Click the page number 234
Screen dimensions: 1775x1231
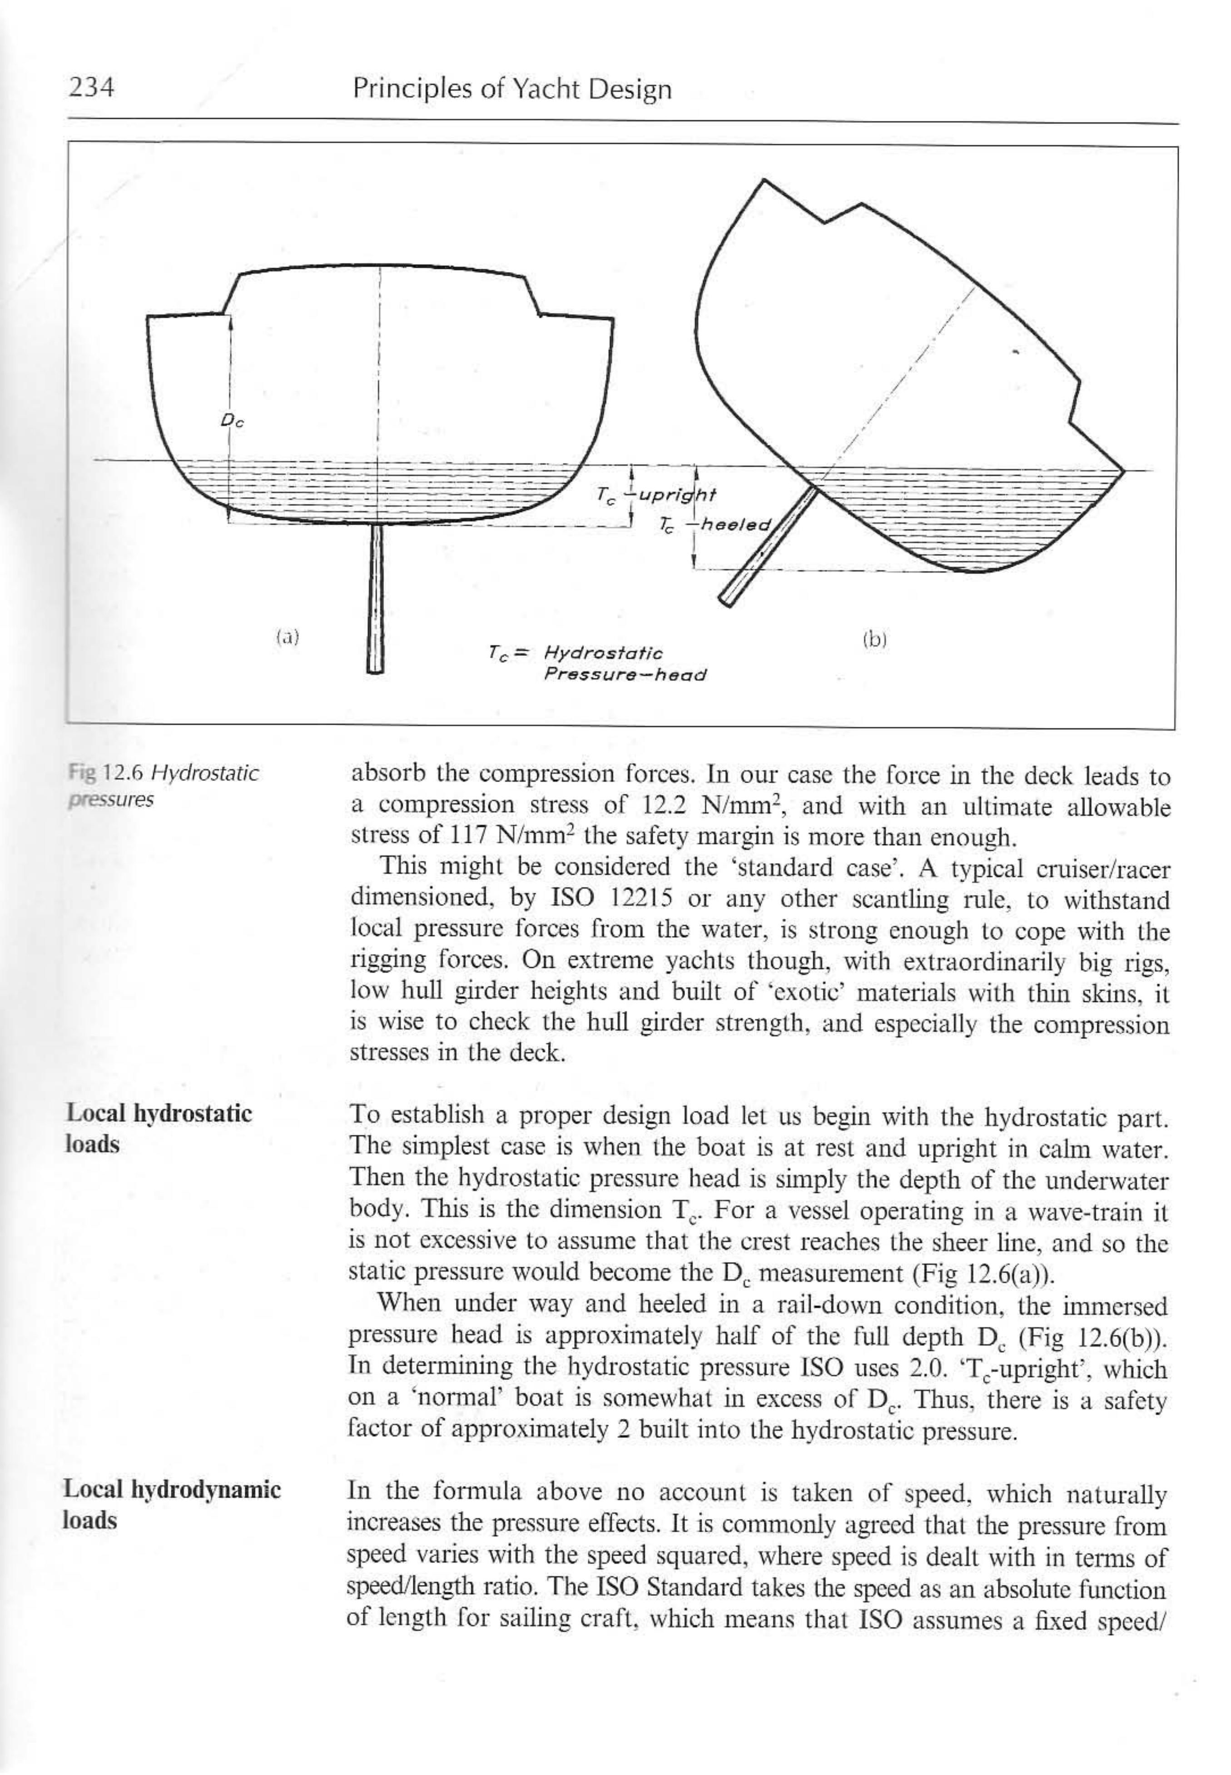coord(91,88)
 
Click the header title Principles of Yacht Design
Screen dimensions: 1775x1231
coord(512,90)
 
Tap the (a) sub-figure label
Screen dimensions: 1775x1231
coord(287,637)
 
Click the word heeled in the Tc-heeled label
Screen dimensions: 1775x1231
coord(734,525)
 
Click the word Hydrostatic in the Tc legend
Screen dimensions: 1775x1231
coord(603,654)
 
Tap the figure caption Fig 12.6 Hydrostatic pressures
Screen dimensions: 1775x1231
coord(162,785)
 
